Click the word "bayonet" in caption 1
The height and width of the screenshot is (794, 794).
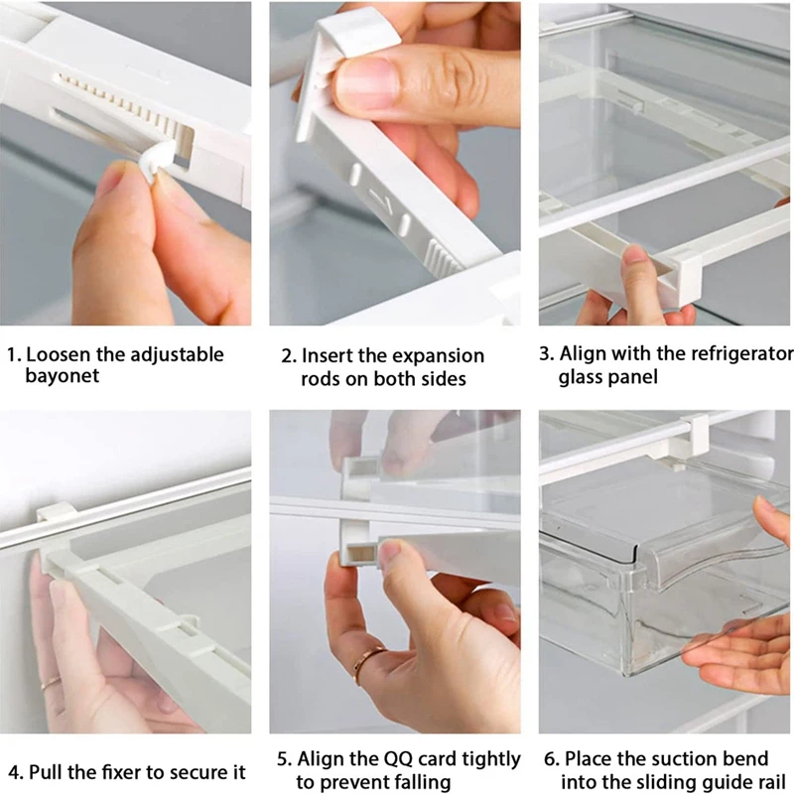click(63, 376)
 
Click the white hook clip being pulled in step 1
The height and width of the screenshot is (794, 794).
click(155, 162)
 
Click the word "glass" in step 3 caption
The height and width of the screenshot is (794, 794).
click(586, 377)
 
